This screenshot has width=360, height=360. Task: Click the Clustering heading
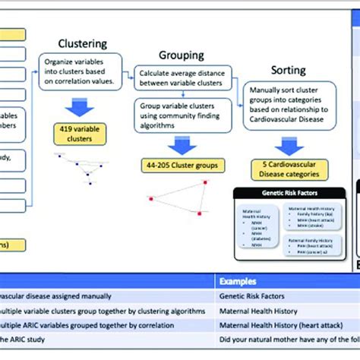[x=83, y=44]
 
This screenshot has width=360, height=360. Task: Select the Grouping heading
[x=181, y=55]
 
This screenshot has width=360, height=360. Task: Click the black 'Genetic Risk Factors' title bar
[x=288, y=194]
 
